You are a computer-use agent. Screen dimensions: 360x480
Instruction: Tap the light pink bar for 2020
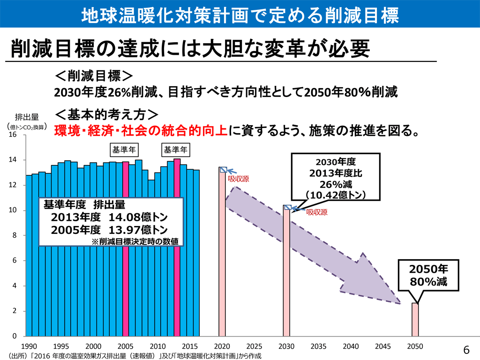click(223, 253)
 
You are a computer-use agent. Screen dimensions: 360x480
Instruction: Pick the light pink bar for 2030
click(287, 272)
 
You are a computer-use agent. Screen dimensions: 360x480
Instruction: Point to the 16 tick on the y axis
click(13, 135)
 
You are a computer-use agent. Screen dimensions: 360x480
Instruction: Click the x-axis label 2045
click(383, 346)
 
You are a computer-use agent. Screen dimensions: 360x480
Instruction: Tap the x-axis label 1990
click(29, 346)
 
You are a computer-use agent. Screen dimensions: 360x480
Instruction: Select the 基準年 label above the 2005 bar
click(124, 150)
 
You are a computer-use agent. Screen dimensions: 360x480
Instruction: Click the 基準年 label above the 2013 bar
click(176, 150)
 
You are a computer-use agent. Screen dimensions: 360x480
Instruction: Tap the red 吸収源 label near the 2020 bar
click(238, 179)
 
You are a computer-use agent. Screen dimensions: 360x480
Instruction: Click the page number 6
click(466, 350)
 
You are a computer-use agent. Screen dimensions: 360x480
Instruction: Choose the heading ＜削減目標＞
click(94, 76)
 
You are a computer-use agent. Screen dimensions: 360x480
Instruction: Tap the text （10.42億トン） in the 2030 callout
click(335, 195)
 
